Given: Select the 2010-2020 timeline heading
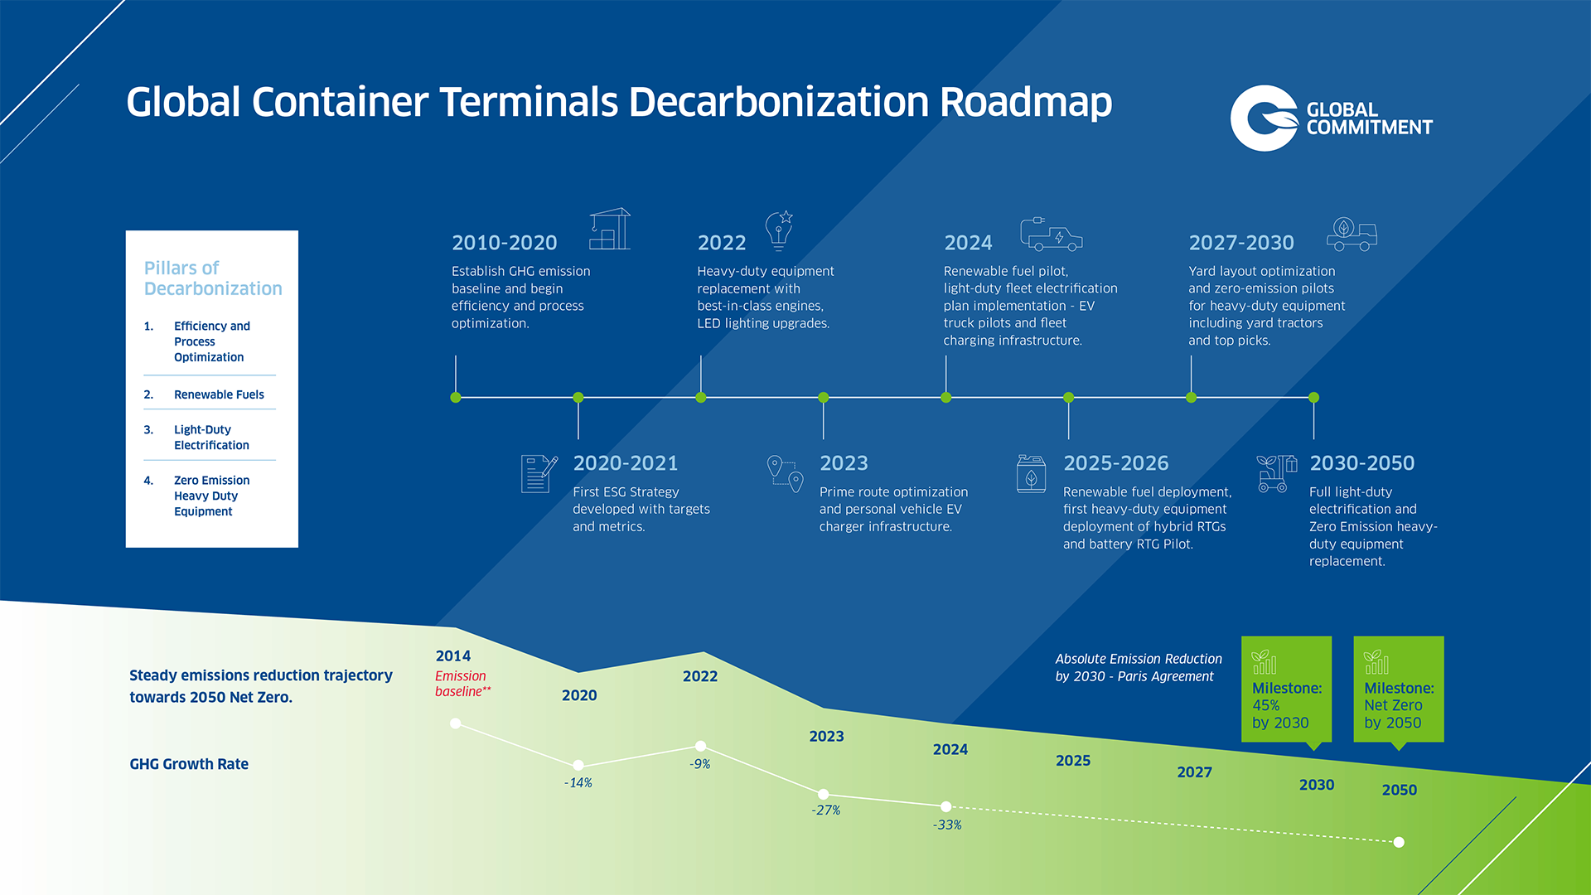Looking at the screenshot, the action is tap(504, 243).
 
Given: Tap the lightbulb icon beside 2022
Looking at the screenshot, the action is tap(779, 230).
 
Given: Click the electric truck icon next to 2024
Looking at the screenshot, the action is tap(1051, 234).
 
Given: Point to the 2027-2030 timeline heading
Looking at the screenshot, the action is tap(1240, 243).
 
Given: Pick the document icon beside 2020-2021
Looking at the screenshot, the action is tap(539, 473).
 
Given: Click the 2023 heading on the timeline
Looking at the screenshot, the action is tap(844, 463).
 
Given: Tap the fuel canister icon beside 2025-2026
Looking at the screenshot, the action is tap(1031, 473).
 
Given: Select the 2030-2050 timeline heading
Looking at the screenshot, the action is tap(1361, 463).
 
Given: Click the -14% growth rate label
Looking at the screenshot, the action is tap(578, 782).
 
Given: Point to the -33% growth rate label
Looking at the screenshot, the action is tap(946, 825).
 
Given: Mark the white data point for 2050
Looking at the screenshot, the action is tap(1399, 842).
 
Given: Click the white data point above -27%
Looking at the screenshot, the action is tap(823, 794).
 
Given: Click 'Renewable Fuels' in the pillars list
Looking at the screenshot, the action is tap(219, 394).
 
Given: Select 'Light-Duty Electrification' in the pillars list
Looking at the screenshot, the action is tap(211, 438).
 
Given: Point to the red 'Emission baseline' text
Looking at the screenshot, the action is tap(462, 684).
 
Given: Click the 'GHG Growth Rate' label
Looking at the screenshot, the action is tap(189, 764).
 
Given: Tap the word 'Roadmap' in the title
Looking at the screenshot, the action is tap(1026, 103).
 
